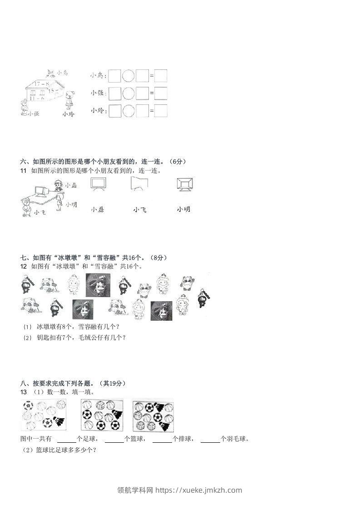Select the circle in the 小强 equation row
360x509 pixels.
coord(129,93)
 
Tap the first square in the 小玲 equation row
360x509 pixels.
coord(115,111)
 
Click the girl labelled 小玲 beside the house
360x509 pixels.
coord(69,100)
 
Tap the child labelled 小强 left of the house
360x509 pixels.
coord(25,106)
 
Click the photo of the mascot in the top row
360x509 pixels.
coord(98,284)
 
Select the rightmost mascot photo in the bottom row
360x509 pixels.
coord(161,311)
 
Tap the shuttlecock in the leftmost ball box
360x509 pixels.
coord(59,421)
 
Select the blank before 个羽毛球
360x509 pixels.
coord(210,439)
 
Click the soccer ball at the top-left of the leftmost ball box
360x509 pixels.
coord(28,405)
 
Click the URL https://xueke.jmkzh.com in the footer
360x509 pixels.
coord(198,490)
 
